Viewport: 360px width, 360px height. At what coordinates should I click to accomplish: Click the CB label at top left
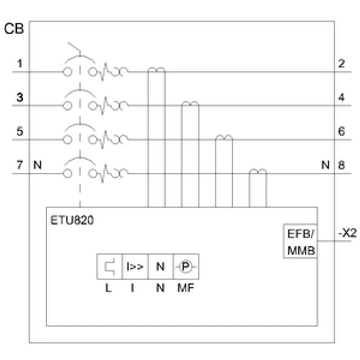tap(14, 29)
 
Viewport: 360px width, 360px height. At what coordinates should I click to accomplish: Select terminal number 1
tap(20, 63)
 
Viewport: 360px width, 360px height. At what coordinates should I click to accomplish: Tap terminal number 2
tap(342, 63)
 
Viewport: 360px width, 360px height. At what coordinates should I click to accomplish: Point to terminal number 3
tap(20, 97)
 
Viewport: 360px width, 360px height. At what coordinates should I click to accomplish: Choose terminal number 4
tap(342, 97)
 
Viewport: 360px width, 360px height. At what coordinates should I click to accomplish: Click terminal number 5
tap(20, 131)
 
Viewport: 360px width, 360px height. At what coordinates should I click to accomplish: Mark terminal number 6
tap(342, 131)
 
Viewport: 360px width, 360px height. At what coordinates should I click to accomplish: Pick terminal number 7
tap(20, 165)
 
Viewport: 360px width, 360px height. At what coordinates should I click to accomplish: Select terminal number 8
tap(342, 165)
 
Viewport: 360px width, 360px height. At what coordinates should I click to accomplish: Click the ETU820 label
tap(72, 220)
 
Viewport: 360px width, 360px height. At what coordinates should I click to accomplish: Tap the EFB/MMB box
tap(301, 241)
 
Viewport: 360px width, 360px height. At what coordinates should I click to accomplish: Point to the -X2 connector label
tap(347, 233)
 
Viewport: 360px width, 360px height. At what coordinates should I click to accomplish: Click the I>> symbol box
tap(135, 266)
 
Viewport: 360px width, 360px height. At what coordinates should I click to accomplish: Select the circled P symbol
tap(186, 266)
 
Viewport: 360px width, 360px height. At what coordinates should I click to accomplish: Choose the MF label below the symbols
tap(186, 288)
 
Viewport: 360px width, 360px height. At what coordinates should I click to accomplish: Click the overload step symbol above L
tap(109, 266)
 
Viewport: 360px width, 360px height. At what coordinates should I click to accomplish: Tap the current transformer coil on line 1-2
tap(157, 70)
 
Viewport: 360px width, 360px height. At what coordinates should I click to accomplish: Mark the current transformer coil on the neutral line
tap(257, 171)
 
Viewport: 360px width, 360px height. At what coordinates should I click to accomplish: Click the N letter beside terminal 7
tap(37, 165)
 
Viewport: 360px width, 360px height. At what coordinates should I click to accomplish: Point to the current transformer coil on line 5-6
tap(224, 138)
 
